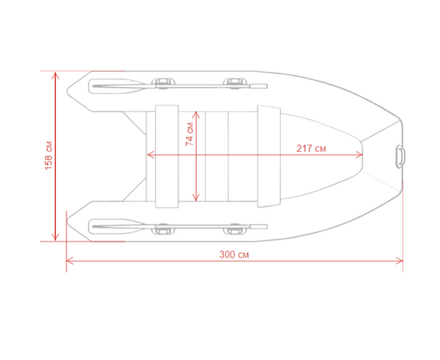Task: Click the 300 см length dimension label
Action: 234,254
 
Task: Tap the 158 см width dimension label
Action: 49,155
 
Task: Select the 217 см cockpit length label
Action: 311,148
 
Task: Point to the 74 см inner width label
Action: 190,134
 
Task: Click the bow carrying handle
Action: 400,156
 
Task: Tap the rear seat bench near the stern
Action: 166,156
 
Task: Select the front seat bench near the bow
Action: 269,156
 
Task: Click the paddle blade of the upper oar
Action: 118,86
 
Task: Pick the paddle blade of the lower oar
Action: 118,226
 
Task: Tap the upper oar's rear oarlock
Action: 163,83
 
